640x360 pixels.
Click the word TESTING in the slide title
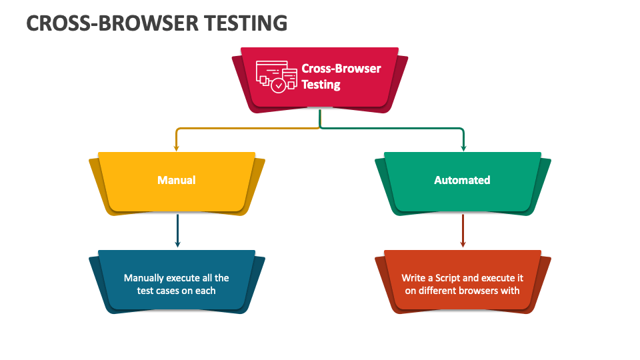coord(246,23)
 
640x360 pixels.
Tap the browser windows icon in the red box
coord(276,77)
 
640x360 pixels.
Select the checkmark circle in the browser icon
coord(279,86)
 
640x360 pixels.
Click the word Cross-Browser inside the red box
coord(341,69)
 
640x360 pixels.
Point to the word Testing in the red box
coord(321,85)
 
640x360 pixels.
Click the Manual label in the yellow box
coord(177,180)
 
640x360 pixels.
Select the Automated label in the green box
coord(462,180)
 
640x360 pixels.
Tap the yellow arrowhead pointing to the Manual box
coord(176,147)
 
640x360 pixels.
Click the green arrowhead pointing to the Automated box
coord(463,147)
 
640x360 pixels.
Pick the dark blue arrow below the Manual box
coord(177,231)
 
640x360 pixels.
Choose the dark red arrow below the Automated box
coord(463,231)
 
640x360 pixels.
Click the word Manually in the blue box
coord(143,279)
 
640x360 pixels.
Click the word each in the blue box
coord(205,291)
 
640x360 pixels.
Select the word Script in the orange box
coord(448,279)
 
